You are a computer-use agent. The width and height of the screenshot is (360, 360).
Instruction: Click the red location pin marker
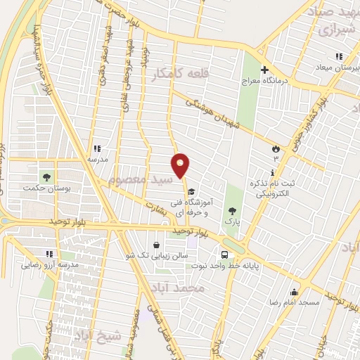click(x=181, y=165)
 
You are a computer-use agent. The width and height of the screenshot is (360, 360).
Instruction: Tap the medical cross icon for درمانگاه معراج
click(x=265, y=70)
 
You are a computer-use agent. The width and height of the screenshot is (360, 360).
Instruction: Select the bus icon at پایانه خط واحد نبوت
click(x=224, y=255)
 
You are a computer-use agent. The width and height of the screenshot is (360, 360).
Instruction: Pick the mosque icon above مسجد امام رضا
click(x=294, y=291)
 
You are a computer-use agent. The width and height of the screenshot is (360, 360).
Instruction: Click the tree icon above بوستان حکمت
click(x=47, y=176)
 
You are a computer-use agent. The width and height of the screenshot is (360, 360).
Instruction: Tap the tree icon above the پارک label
click(x=232, y=210)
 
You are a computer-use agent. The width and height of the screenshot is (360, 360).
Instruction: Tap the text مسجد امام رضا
click(x=298, y=302)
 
